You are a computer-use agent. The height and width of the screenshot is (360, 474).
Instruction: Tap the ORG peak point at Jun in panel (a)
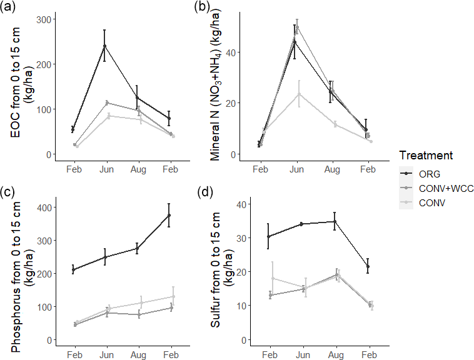104,46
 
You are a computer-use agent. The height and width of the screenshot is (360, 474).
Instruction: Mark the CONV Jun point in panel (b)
297,94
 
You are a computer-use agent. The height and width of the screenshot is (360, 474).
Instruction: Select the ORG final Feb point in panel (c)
169,215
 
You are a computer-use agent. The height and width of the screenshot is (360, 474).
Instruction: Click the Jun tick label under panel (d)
303,355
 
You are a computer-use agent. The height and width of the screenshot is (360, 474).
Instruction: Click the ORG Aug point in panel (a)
137,97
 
